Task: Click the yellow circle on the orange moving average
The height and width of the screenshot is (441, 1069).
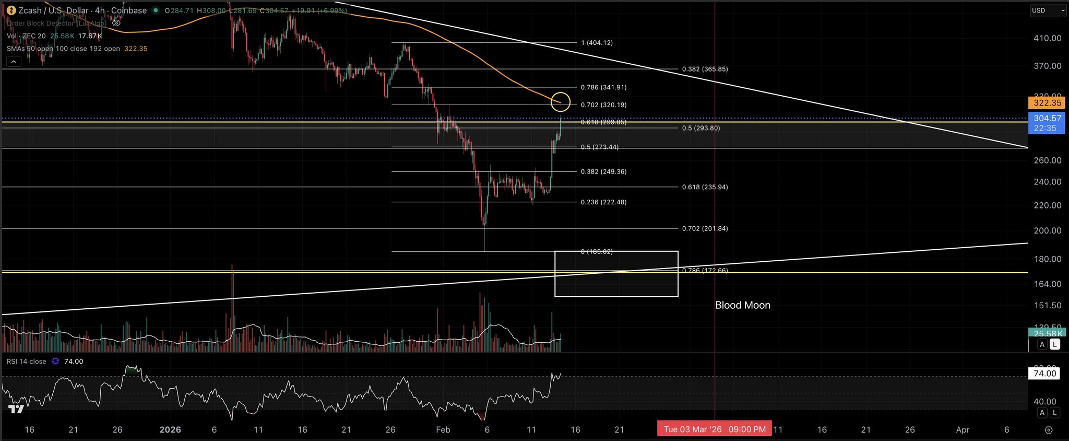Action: point(561,102)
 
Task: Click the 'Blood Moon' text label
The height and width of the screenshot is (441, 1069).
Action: point(742,305)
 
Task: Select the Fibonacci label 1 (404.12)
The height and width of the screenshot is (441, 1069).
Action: point(597,43)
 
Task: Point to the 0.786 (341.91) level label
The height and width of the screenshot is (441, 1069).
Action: point(603,87)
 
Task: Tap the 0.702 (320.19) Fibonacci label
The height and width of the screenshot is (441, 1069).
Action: point(603,105)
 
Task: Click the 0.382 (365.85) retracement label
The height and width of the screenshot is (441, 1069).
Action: point(705,69)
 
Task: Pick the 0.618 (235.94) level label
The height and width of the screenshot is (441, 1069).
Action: point(705,187)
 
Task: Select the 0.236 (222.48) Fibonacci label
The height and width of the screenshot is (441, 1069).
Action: point(603,202)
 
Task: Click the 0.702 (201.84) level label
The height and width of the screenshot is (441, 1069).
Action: point(705,229)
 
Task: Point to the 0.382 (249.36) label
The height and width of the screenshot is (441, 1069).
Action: point(603,172)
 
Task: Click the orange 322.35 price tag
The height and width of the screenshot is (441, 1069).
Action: point(1047,103)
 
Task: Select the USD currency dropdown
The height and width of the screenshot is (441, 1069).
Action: point(1048,10)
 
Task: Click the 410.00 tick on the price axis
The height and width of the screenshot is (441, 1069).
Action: point(1048,38)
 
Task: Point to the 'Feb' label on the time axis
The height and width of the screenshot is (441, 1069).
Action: point(443,430)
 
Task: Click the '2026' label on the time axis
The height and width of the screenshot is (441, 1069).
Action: point(170,430)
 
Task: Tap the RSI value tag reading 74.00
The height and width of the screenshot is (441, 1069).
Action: point(1044,373)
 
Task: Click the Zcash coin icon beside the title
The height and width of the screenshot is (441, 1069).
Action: point(10,10)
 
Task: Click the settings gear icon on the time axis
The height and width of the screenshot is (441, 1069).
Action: point(1048,430)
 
